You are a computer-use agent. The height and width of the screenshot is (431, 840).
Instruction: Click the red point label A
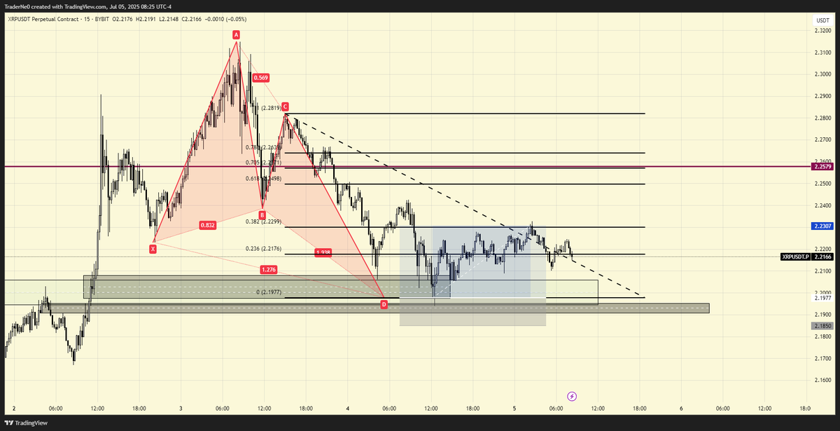(x=237, y=34)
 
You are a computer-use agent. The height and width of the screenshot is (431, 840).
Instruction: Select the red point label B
(x=262, y=215)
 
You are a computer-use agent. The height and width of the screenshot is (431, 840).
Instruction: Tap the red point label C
(x=285, y=107)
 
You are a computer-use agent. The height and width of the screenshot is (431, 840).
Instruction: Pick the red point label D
(x=384, y=304)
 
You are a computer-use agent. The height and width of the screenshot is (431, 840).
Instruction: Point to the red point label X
(x=153, y=248)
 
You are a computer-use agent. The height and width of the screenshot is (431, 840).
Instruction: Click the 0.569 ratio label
(x=261, y=78)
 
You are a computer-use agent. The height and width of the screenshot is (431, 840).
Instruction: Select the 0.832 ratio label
(x=207, y=225)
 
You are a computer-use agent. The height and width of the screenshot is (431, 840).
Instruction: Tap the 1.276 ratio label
(x=268, y=269)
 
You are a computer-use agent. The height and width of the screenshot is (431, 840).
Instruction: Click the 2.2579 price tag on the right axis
(x=821, y=167)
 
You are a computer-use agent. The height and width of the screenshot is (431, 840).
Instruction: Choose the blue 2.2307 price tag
(x=821, y=226)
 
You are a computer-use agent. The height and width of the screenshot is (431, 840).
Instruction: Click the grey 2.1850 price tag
(x=821, y=326)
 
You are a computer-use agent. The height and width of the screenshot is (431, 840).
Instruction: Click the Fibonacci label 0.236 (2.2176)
(x=263, y=249)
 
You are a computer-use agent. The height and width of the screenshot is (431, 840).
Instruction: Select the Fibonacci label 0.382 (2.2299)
(x=263, y=221)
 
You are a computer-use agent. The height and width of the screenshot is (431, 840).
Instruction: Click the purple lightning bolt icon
(x=572, y=396)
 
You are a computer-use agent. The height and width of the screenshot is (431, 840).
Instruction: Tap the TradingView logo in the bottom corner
(x=27, y=423)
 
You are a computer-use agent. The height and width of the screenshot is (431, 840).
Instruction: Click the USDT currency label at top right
(x=822, y=22)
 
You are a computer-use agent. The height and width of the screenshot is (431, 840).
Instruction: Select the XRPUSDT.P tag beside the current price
(x=794, y=257)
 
